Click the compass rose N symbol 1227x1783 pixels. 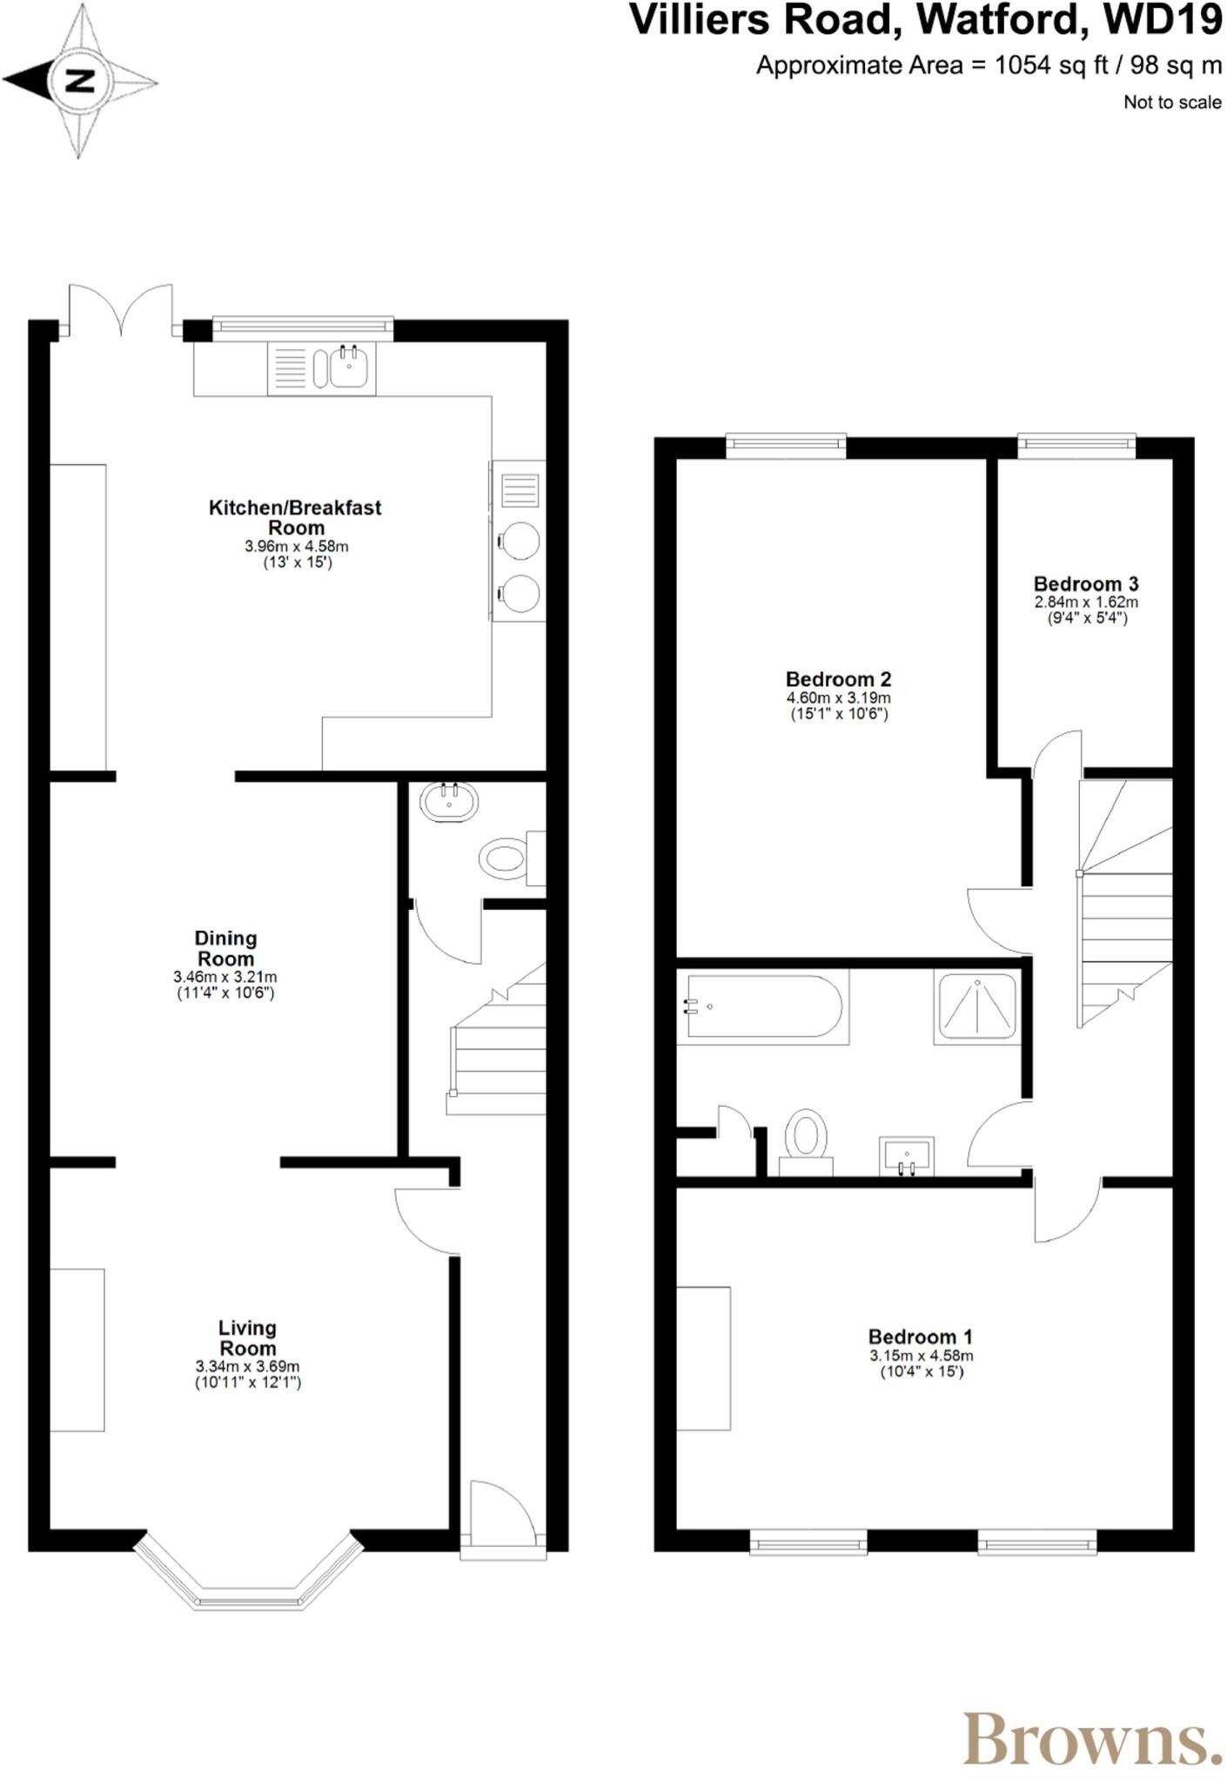tap(80, 82)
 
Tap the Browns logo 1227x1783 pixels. tap(1092, 1739)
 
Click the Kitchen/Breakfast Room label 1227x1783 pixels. tap(295, 517)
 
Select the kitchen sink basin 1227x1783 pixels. tap(350, 367)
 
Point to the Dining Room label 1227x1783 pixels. tap(225, 948)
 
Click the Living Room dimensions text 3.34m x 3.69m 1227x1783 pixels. tap(247, 1367)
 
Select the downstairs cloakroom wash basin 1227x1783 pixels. tap(449, 801)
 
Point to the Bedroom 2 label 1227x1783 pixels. tap(838, 679)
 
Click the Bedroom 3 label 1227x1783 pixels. tap(1085, 584)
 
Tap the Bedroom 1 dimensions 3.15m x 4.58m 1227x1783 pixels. tap(921, 1356)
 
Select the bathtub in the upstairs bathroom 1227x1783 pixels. tap(763, 1006)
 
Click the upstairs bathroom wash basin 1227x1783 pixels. tap(906, 1155)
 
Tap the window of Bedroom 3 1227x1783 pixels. tap(1076, 446)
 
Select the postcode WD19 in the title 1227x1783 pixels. tap(1163, 21)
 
